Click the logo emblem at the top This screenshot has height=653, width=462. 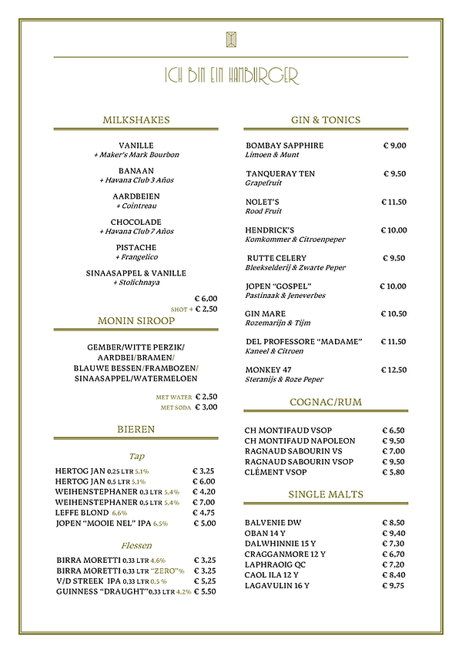pos(231,40)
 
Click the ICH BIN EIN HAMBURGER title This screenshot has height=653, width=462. pos(231,75)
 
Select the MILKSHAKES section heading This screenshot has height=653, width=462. pos(136,120)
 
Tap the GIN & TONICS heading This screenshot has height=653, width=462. pos(326,120)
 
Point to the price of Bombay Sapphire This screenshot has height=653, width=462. pos(394,146)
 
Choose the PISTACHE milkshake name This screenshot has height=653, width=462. pos(136,247)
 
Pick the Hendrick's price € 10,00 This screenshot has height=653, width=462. pos(393,229)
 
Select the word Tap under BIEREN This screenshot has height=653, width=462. pos(136,454)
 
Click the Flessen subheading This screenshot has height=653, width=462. pos(136,545)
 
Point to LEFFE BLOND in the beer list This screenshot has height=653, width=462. pos(82,511)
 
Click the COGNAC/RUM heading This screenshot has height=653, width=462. pos(326,402)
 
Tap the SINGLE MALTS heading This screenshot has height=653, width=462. pos(326,494)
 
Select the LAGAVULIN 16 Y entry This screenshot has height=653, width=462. pos(277,585)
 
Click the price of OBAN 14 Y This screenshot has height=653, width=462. pos(394,533)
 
